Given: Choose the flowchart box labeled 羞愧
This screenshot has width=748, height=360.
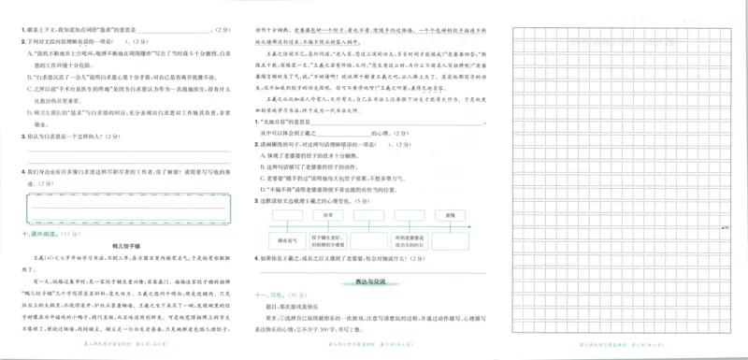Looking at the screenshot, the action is (x=448, y=214).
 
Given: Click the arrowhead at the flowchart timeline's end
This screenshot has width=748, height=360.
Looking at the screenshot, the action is (x=485, y=226).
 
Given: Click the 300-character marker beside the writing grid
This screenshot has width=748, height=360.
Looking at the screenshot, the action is (x=726, y=226).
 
